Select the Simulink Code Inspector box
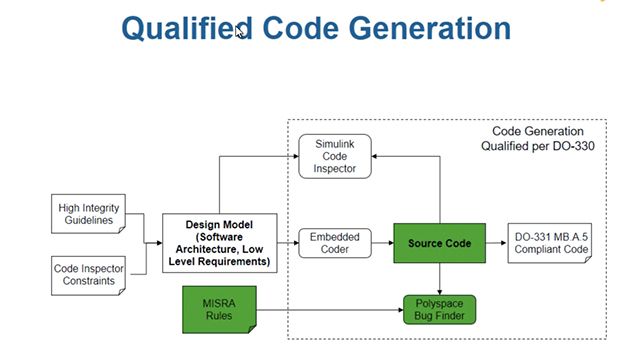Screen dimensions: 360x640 335,156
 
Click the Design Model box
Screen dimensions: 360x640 218,242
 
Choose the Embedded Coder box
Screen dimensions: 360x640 335,243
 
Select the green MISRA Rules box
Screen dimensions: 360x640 218,308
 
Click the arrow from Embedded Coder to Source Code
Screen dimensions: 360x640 382,243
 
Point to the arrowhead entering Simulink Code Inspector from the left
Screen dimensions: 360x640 294,156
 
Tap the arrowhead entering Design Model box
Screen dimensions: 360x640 158,242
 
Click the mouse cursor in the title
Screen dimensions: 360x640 240,31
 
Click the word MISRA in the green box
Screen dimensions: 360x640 218,301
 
